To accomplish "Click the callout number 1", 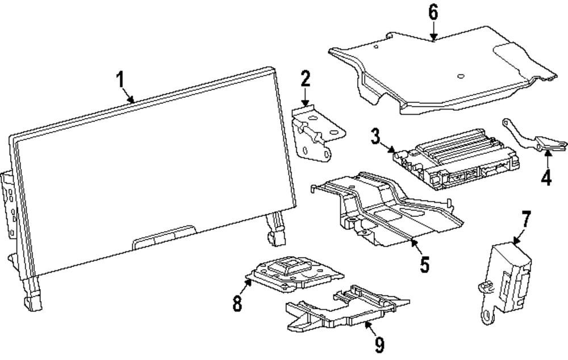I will tap(120, 80).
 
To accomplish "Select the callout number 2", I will tap(306, 79).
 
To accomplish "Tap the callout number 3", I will tap(375, 137).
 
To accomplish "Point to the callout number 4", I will tap(546, 178).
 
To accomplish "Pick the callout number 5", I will tap(424, 264).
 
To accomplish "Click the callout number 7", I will tap(527, 219).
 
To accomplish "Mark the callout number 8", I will tap(237, 303).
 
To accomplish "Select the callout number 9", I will tap(379, 343).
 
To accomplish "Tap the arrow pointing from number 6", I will tap(433, 31).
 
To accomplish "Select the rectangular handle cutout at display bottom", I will tap(165, 237).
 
